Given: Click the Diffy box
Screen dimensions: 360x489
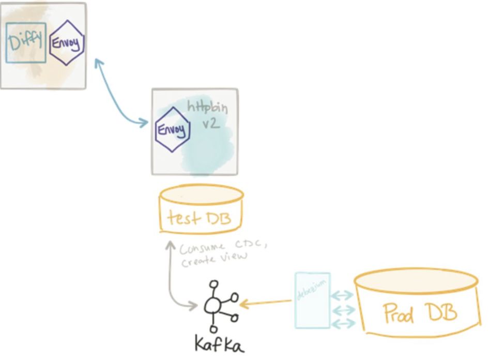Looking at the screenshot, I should pos(26,42).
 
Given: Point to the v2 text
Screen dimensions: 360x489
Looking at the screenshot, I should pos(211,125).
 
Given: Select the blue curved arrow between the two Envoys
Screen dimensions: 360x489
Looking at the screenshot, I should pos(118,93).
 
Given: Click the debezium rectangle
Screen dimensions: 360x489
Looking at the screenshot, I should pos(312,301).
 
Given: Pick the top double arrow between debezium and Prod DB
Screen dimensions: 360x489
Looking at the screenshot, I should pos(342,295).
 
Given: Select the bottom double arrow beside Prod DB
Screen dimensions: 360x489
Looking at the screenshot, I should pos(342,323).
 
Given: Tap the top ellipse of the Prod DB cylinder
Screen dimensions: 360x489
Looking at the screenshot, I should pos(416,280).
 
